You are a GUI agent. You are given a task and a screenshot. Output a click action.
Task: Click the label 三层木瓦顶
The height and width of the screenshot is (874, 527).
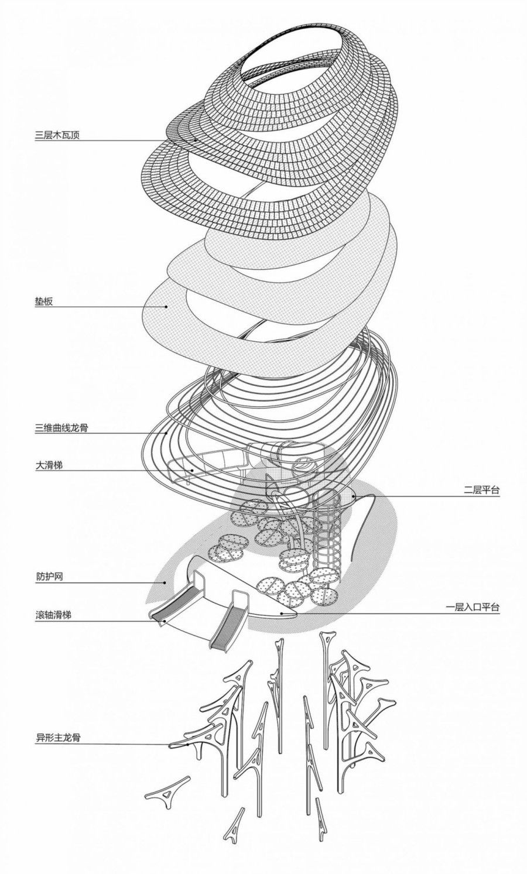coord(57,135)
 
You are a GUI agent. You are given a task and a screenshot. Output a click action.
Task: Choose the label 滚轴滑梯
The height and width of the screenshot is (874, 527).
coord(53,616)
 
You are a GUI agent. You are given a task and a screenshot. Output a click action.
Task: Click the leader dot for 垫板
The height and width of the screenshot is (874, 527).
coord(167,306)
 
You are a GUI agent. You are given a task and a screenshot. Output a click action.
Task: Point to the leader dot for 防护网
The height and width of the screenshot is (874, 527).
coord(165,582)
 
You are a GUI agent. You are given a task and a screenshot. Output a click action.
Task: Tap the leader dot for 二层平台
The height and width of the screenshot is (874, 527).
coord(354,496)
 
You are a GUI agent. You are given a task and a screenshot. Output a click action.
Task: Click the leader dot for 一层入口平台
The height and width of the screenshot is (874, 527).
coord(282,613)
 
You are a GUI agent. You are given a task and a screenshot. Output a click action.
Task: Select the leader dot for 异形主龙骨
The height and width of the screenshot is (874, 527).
coord(187,745)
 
